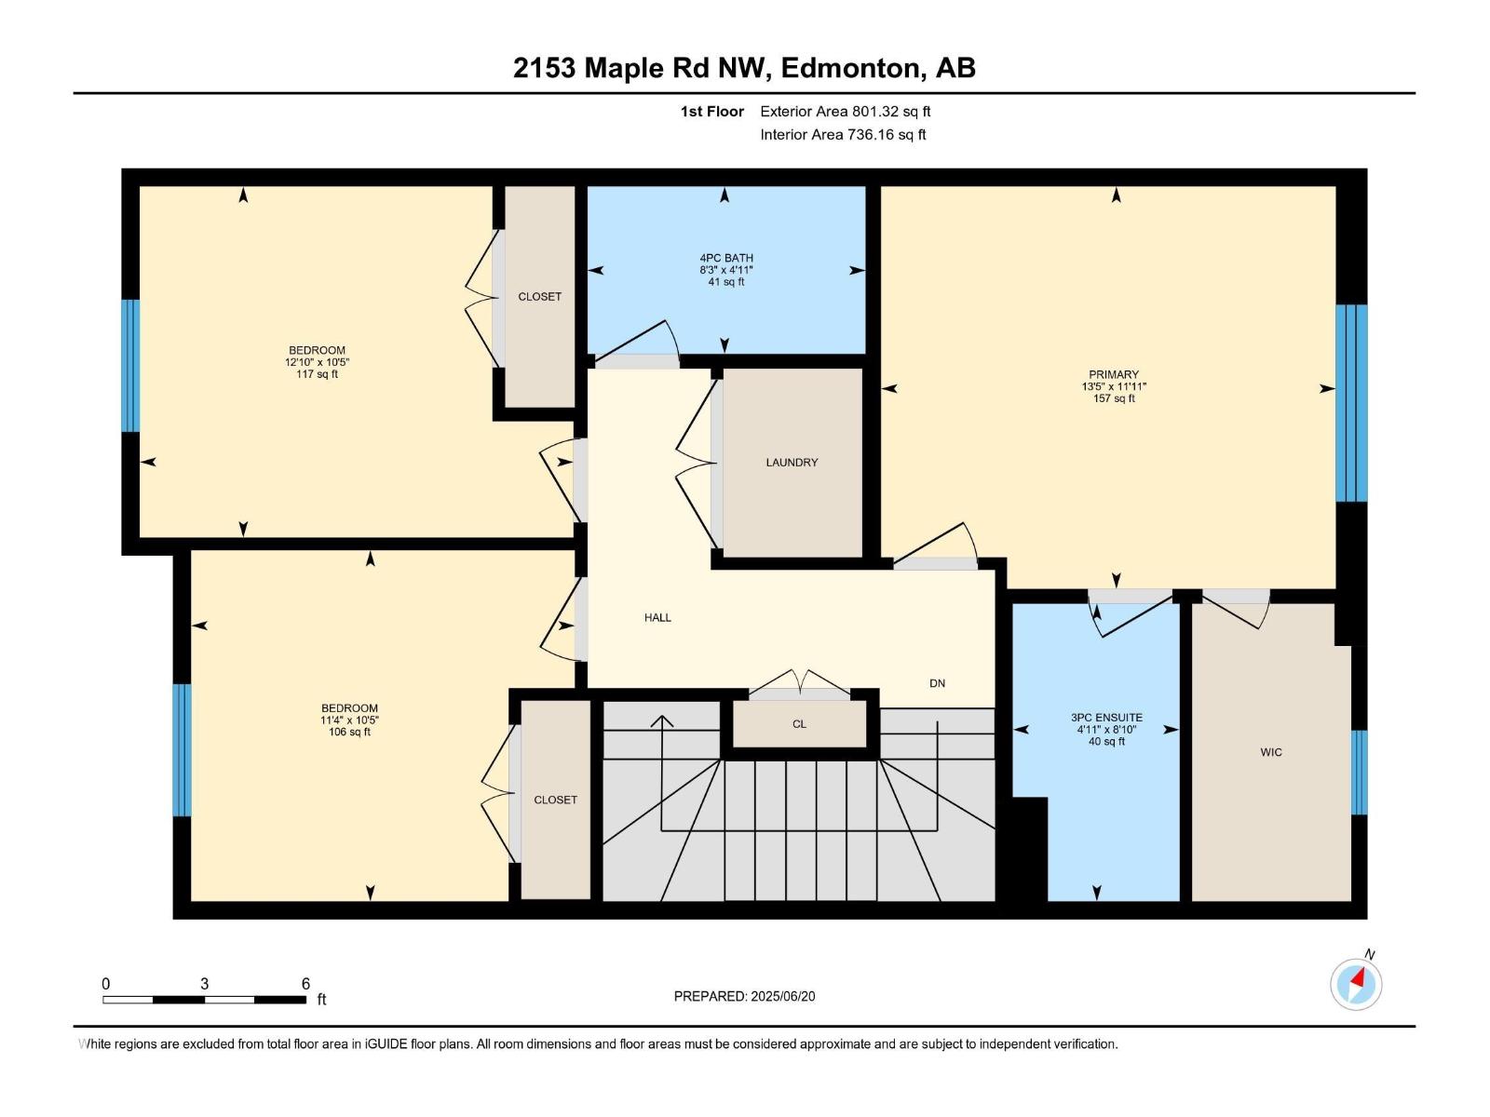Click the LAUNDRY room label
click(792, 463)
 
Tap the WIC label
click(1271, 752)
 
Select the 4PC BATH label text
click(726, 258)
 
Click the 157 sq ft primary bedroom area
click(1114, 398)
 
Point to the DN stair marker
click(937, 683)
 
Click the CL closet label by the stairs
click(799, 724)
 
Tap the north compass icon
click(1356, 983)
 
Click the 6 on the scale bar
click(305, 984)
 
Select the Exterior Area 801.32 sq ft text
click(845, 112)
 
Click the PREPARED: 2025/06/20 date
click(744, 996)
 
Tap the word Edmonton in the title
click(850, 68)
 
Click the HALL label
click(657, 617)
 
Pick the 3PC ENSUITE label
click(1106, 718)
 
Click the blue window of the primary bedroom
click(1351, 403)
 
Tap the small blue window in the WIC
click(1360, 773)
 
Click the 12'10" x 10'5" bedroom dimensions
click(317, 362)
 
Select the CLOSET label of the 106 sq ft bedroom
click(555, 800)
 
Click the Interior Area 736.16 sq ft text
click(843, 135)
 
